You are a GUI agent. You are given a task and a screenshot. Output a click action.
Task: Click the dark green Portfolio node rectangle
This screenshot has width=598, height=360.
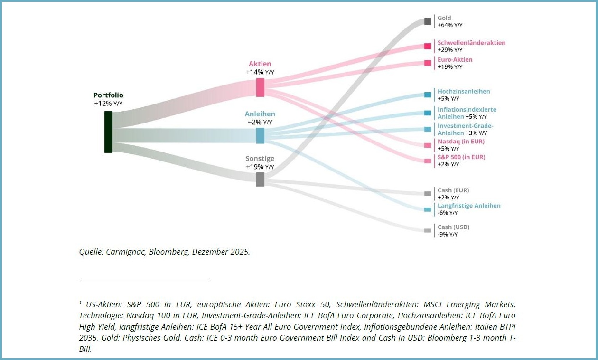tap(108, 132)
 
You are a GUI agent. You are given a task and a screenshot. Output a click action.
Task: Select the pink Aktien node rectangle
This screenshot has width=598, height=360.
tap(260, 87)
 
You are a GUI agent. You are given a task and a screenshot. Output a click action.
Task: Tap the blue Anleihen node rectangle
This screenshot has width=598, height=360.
tap(260, 135)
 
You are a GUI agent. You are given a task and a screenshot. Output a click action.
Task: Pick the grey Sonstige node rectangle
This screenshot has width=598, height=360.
tap(260, 179)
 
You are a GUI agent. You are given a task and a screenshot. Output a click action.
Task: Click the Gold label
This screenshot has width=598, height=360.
tap(444, 18)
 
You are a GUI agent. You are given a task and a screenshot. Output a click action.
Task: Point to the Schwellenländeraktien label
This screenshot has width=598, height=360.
tap(471, 43)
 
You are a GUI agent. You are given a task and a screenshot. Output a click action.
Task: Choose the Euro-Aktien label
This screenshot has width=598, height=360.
tap(455, 60)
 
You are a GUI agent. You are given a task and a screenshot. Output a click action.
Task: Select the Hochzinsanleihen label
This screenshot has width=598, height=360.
tap(464, 91)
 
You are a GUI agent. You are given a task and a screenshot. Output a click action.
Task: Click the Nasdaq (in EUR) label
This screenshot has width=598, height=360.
tap(461, 142)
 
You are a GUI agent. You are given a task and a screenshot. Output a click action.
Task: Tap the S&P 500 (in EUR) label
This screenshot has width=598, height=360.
tap(461, 157)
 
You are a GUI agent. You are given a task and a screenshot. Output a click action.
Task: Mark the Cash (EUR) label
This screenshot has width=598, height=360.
tap(453, 190)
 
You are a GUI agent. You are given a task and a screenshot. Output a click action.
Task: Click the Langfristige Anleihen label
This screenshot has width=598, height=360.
tap(469, 206)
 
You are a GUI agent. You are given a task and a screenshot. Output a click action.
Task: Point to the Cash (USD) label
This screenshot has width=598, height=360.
tap(453, 227)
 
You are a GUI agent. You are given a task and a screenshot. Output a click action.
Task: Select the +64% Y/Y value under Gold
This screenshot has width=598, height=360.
tap(449, 25)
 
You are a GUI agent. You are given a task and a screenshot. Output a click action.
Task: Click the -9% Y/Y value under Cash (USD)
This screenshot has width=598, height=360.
tap(448, 235)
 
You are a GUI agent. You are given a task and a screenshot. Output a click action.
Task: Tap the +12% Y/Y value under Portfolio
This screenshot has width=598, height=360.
tap(108, 103)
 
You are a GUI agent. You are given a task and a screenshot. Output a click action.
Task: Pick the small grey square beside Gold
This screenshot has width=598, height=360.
tap(428, 21)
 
